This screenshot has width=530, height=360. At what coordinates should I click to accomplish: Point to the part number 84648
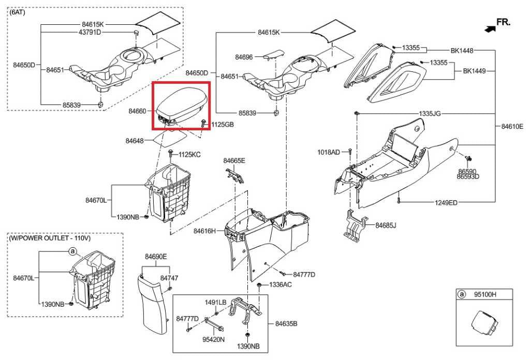pyautogui.click(x=136, y=141)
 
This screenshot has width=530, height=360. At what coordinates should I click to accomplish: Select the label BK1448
pyautogui.click(x=462, y=51)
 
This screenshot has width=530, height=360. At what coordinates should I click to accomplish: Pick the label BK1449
pyautogui.click(x=474, y=71)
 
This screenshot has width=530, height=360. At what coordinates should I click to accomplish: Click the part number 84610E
pyautogui.click(x=512, y=126)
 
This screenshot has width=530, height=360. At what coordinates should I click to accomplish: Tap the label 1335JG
pyautogui.click(x=430, y=113)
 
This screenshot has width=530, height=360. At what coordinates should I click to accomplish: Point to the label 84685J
pyautogui.click(x=386, y=225)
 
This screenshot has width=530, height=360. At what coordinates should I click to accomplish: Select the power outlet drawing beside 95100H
pyautogui.click(x=484, y=323)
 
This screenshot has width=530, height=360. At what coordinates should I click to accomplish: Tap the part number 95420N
pyautogui.click(x=213, y=340)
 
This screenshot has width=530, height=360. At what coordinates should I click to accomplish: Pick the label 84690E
pyautogui.click(x=156, y=257)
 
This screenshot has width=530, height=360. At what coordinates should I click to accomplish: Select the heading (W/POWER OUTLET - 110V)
pyautogui.click(x=50, y=238)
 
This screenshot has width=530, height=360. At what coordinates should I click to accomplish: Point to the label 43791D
pyautogui.click(x=90, y=32)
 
